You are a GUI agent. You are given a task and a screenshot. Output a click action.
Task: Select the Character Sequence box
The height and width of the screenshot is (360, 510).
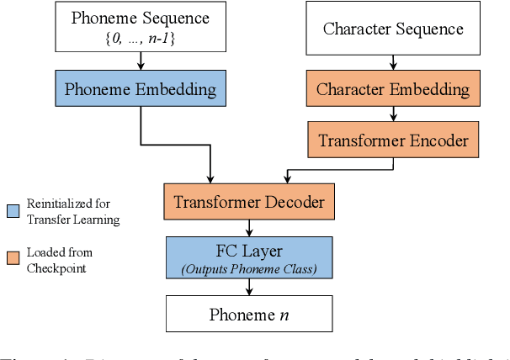click(x=393, y=28)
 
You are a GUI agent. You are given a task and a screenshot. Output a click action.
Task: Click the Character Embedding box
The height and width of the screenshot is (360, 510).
click(x=393, y=88)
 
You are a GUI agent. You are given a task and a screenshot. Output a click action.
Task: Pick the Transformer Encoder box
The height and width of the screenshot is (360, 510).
click(x=392, y=140)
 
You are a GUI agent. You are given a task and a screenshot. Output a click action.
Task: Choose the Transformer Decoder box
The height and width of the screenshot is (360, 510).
click(x=248, y=202)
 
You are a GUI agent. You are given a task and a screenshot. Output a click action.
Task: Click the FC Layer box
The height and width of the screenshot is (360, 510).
click(x=248, y=258)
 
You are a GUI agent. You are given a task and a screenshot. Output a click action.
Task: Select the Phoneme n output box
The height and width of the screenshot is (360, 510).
click(x=248, y=315)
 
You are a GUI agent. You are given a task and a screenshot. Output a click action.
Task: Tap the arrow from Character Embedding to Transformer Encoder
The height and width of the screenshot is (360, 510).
click(x=393, y=114)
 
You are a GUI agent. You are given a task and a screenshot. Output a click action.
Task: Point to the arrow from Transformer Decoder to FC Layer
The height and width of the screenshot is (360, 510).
click(x=248, y=227)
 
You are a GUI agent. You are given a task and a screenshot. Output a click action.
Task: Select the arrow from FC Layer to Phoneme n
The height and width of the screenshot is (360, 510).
click(x=248, y=287)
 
